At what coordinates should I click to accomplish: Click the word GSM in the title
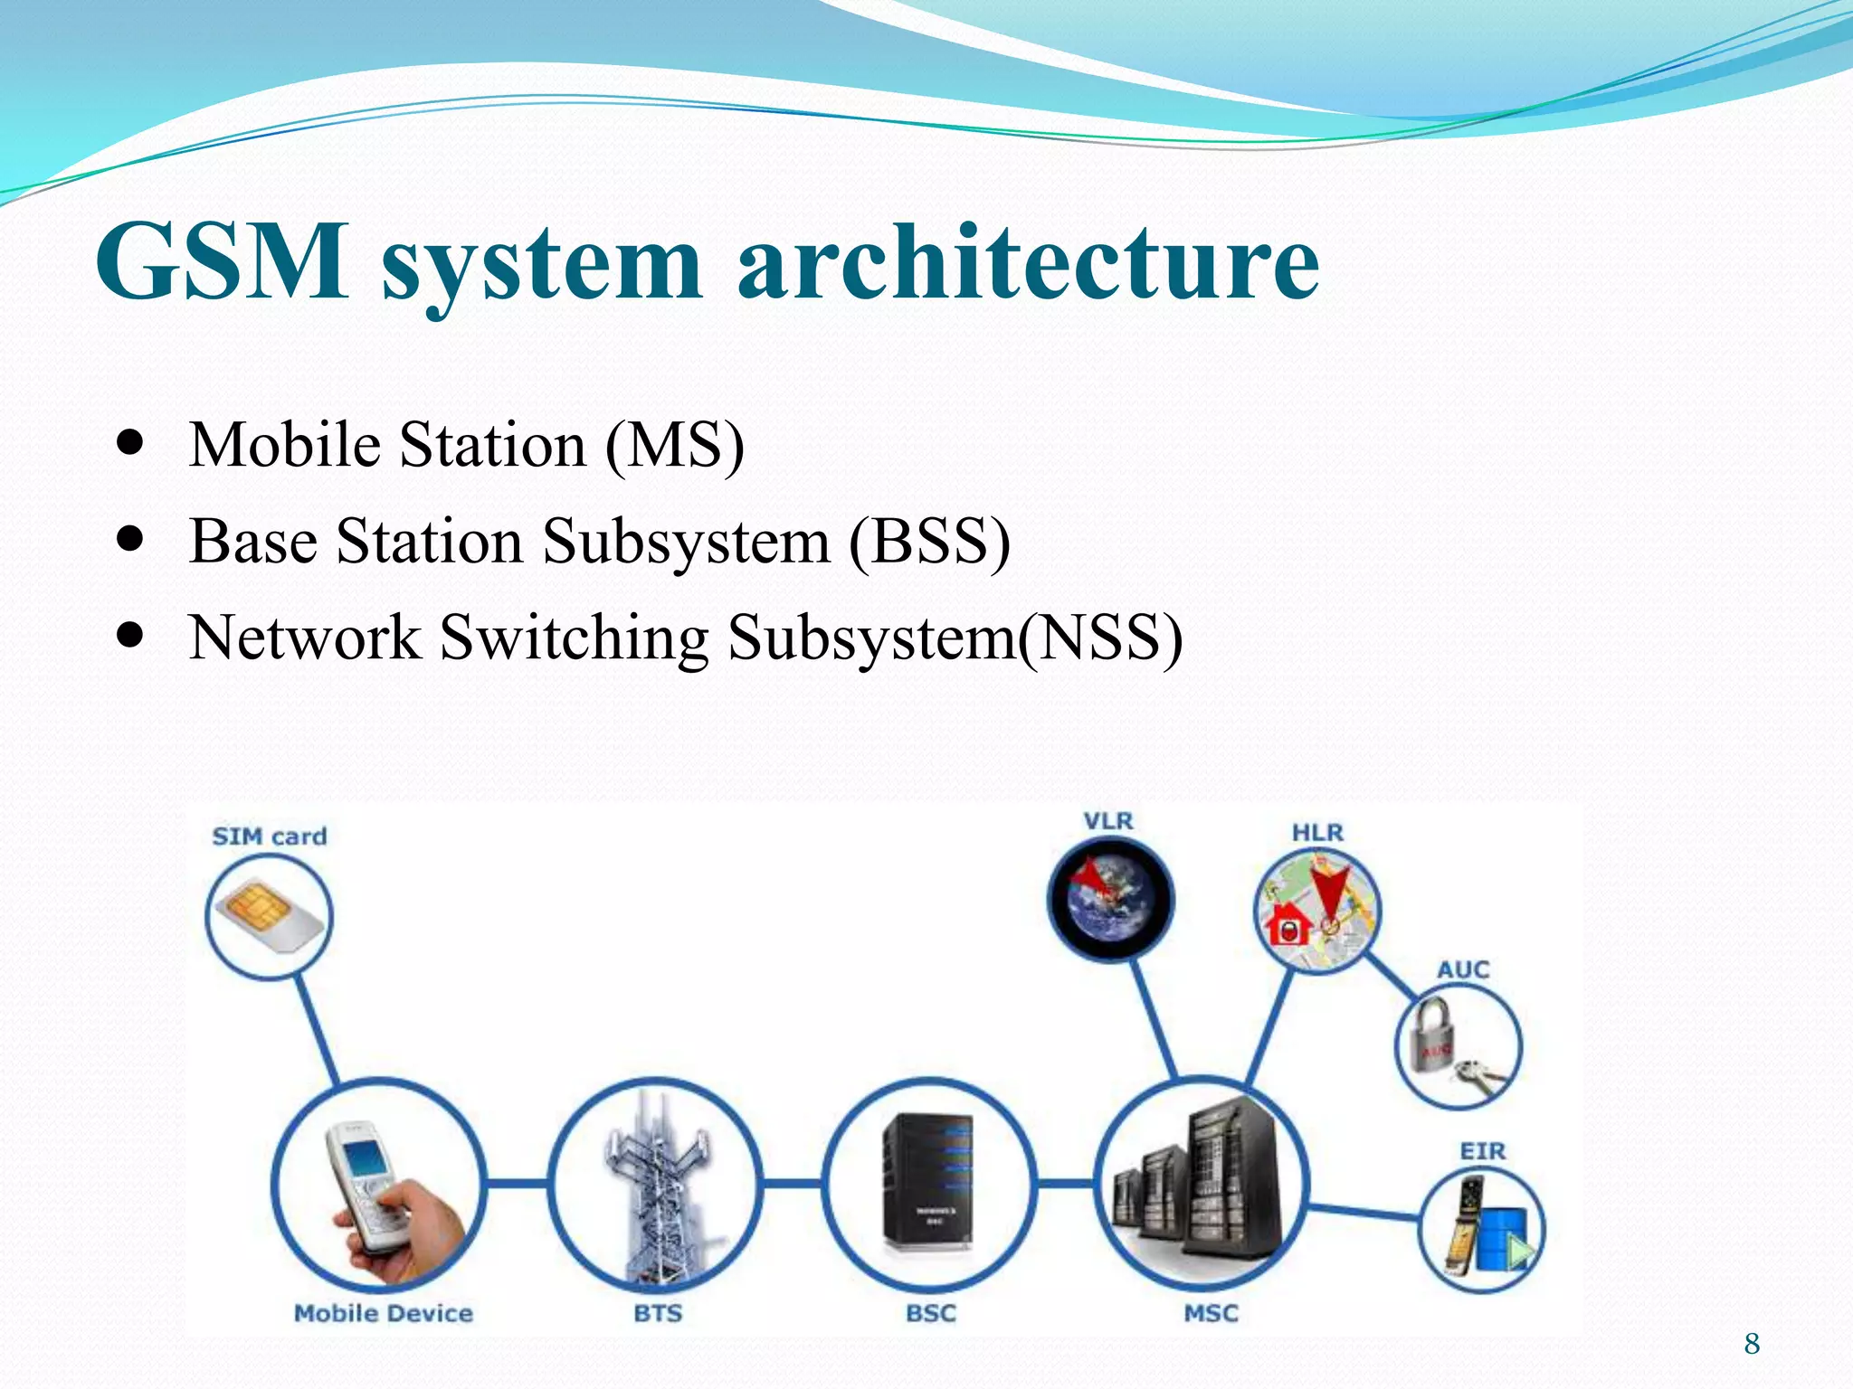[222, 262]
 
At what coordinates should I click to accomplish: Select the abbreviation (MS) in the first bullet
[675, 445]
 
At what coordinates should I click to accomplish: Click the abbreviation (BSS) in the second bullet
[929, 542]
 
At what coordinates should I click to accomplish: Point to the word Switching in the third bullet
[575, 638]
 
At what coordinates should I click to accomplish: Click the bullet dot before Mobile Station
[131, 445]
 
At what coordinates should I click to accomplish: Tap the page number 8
[1752, 1344]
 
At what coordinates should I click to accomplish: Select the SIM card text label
[270, 836]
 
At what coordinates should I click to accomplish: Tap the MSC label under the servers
[1211, 1313]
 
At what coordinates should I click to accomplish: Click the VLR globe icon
[1111, 900]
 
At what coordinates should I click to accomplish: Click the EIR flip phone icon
[1481, 1228]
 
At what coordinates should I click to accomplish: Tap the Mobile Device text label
[384, 1313]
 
